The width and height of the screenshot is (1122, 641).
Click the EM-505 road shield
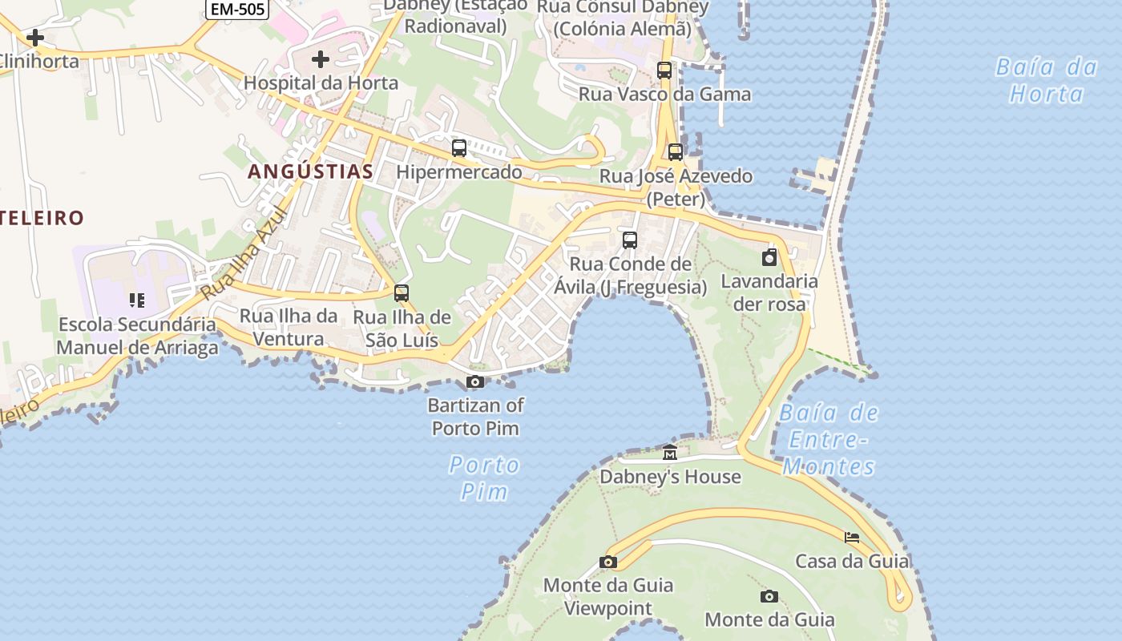237,9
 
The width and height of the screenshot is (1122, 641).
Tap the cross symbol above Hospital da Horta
321,59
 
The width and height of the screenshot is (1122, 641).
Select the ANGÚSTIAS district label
310,171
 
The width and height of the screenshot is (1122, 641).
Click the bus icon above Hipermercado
459,148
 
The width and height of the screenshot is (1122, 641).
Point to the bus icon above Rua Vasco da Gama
664,71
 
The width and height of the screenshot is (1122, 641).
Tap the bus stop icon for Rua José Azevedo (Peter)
676,152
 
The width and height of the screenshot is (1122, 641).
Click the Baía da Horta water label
1047,80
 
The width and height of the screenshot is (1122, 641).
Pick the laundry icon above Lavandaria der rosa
769,257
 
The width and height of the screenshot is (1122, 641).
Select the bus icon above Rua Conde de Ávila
630,240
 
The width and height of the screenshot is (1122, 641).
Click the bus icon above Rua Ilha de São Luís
402,293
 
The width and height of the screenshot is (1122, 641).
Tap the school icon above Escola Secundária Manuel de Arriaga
137,300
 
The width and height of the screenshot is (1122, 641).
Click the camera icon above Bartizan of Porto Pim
475,381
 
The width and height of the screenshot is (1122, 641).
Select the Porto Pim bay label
484,478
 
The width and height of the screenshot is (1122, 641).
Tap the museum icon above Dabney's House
670,453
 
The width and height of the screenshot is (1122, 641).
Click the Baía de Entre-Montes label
829,440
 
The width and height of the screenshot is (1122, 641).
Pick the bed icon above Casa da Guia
851,537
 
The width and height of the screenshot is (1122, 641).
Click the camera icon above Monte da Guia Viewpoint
608,562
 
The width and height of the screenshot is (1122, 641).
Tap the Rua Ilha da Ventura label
289,327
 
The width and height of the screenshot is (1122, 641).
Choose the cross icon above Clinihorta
35,38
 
